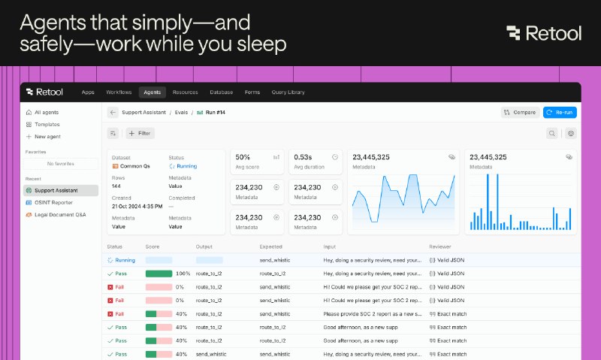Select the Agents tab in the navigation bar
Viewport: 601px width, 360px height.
(152, 92)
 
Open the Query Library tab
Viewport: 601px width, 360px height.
(288, 92)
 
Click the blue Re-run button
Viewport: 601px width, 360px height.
(560, 113)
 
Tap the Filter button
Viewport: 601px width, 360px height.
(140, 133)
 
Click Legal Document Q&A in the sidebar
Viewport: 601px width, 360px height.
(60, 214)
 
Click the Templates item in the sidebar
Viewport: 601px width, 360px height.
(47, 124)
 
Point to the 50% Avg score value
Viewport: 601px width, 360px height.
(243, 157)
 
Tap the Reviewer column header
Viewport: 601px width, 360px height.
(440, 247)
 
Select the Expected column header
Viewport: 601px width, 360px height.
(271, 247)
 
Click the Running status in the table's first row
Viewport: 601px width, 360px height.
(125, 260)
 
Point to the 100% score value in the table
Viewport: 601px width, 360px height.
(183, 274)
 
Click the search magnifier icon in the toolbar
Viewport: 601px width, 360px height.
(552, 133)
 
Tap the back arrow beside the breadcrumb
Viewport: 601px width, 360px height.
(113, 113)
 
